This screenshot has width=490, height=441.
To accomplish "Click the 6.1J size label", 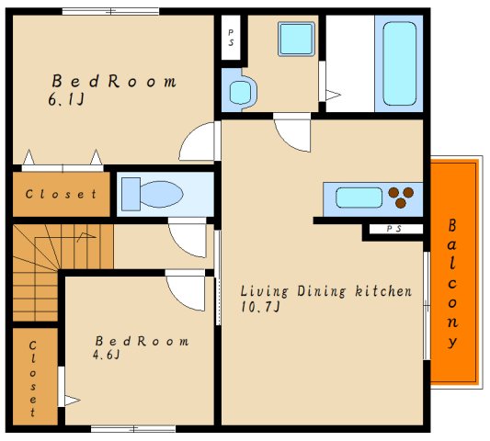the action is coord(66,100).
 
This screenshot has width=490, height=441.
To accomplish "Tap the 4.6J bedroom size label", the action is coord(107,355).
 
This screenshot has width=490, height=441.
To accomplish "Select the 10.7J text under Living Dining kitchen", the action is coord(260,307).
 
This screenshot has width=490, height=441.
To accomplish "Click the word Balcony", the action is coord(452,284).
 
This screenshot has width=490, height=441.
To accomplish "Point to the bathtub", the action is coord(399,63).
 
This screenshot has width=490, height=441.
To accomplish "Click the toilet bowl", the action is coord(161,194).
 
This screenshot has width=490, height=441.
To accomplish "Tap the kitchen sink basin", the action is coord(359,198).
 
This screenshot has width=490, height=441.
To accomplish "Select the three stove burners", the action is coord(401,198).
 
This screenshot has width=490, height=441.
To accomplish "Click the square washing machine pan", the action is coord(296,39).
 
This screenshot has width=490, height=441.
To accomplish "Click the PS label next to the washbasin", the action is coord(231,37).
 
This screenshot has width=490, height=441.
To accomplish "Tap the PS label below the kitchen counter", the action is coord(394,229).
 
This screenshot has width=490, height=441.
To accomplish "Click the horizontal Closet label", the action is coord(61,194).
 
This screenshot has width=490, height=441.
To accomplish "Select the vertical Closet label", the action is coord(32,379).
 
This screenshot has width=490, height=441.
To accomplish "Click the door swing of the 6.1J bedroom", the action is coord(197,141).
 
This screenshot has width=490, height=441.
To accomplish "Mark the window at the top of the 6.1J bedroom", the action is coord(110,12).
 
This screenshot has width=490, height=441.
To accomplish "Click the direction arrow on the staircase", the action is coord(86,236).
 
